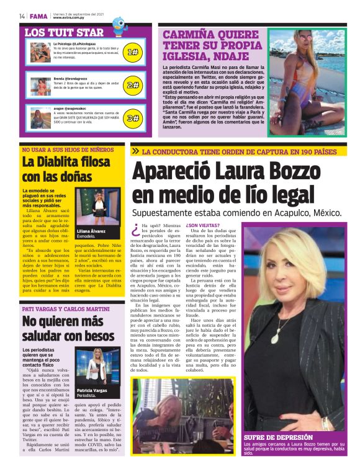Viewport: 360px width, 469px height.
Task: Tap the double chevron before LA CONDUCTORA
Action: pyautogui.click(x=135, y=151)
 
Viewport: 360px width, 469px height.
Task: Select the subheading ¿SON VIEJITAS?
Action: pyautogui.click(x=202, y=225)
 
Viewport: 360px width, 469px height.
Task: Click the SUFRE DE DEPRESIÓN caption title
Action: pyautogui.click(x=278, y=437)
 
